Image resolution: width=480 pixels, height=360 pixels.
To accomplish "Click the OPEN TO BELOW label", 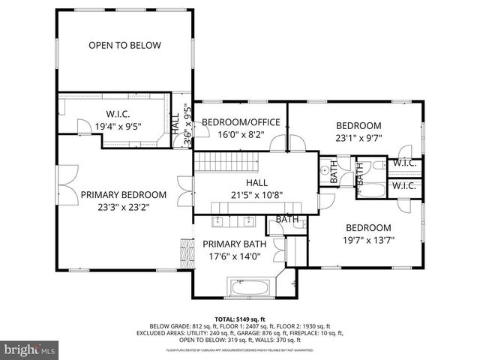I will pos(124,46).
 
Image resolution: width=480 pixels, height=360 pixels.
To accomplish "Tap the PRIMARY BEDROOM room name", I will pos(123,194).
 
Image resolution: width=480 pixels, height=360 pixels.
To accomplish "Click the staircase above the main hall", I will pos(225,162).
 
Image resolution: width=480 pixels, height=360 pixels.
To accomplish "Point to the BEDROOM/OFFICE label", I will pos(241,122).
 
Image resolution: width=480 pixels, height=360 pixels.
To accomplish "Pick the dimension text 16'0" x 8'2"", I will pos(241,136).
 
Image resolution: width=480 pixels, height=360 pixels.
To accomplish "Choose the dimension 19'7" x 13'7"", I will pos(367,241).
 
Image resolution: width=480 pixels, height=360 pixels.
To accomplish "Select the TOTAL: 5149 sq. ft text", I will pos(240,318).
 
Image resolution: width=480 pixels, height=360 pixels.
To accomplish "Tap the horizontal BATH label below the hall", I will pos(287,220).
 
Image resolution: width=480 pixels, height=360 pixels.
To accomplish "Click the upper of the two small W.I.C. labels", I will pos(404,163).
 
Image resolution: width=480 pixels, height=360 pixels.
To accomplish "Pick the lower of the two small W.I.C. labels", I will pos(404,185).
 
